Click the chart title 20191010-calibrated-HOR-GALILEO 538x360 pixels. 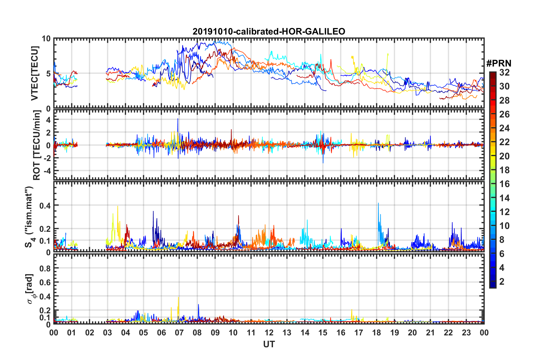(269, 31)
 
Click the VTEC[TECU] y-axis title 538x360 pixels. (35, 73)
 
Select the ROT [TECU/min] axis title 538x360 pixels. (36, 145)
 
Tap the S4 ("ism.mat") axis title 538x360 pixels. (30, 217)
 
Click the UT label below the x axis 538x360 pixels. (269, 344)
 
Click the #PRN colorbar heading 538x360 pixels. (499, 63)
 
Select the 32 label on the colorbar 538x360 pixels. (504, 72)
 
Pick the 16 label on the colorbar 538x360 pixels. (504, 184)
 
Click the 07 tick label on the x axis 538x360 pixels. (179, 333)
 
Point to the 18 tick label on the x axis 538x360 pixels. (376, 333)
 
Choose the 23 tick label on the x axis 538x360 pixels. (466, 333)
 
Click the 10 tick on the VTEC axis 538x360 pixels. (46, 39)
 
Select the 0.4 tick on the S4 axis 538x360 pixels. (45, 205)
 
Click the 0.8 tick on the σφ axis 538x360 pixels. (45, 268)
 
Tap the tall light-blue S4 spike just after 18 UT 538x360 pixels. (378, 203)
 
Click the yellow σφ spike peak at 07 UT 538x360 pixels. (178, 297)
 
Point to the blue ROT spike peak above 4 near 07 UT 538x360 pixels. (178, 119)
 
